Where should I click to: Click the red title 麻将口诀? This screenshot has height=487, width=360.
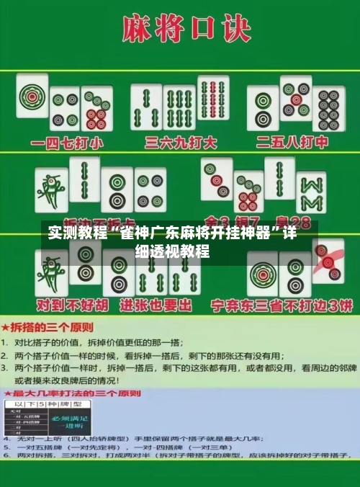pos(179,30)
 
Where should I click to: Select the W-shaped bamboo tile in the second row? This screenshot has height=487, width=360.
pos(311,192)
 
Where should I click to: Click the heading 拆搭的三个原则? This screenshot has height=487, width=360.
pos(50,326)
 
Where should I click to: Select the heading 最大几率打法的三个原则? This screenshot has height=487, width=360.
pos(78,394)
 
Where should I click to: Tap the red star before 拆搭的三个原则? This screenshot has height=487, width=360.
pos(6,326)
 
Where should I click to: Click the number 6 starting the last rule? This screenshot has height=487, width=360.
pos(6,456)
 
